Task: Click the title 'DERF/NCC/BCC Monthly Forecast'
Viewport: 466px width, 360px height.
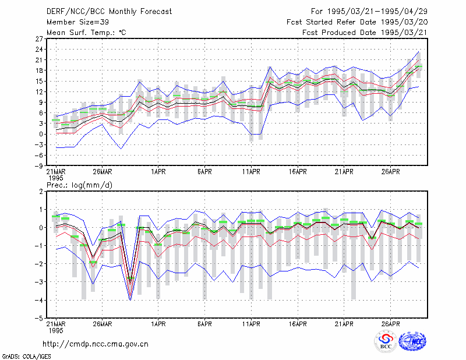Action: point(109,12)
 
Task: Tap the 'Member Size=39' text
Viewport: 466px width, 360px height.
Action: point(77,22)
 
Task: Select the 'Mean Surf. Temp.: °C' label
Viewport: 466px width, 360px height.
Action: point(86,33)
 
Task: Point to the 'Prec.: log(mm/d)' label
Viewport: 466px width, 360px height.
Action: point(79,185)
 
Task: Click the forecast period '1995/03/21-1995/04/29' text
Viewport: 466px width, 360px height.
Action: point(377,12)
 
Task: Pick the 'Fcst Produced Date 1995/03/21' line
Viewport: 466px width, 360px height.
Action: point(365,33)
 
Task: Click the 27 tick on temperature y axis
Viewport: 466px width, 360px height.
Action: point(39,38)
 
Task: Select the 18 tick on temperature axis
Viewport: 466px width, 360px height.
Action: point(39,70)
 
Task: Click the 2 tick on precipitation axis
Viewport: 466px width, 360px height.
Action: point(41,192)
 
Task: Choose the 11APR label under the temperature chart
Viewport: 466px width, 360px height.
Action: point(251,171)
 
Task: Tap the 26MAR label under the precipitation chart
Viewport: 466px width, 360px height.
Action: point(103,324)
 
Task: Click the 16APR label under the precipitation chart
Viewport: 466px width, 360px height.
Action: point(298,324)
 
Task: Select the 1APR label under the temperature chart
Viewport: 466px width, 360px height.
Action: point(158,171)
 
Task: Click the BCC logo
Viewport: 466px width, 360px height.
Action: point(386,341)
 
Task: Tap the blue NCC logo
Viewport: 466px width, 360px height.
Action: point(412,341)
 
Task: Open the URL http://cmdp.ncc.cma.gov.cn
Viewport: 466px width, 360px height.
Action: point(96,344)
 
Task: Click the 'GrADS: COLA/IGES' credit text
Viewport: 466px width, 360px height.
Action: point(26,357)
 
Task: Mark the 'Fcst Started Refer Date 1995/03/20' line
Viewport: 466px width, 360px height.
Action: point(357,22)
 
